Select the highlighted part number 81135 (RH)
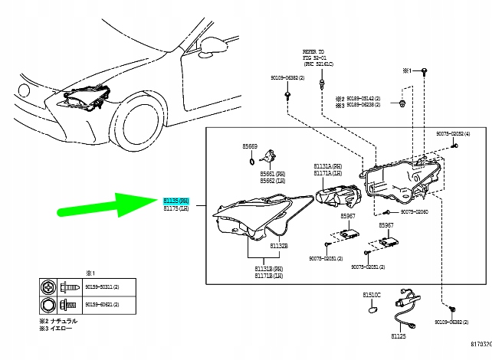point(175,200)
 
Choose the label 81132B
point(257,246)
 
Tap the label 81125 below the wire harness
point(399,335)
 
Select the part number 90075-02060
point(412,211)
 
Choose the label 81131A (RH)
point(327,166)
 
